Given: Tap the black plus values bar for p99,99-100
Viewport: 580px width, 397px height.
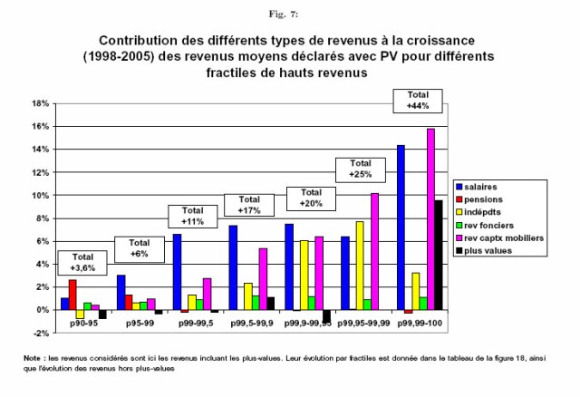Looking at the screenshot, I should pyautogui.click(x=440, y=255).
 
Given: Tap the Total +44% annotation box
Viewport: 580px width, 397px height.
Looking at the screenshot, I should pyautogui.click(x=419, y=101).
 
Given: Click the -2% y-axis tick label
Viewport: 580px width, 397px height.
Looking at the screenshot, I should pyautogui.click(x=40, y=333).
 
